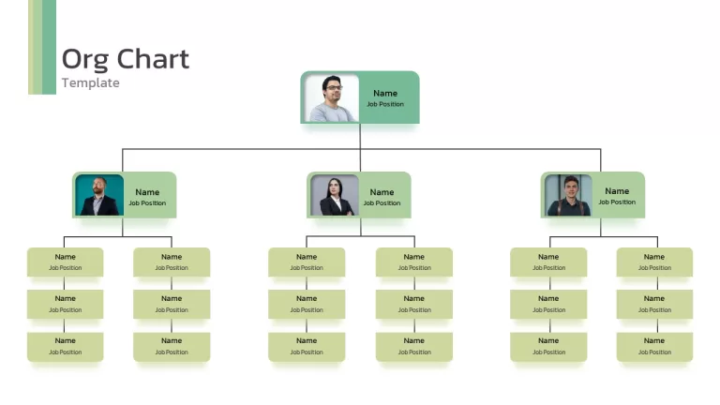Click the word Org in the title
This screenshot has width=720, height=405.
85,60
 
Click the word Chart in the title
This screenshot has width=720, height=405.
153,59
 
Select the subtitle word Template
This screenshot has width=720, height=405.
90,82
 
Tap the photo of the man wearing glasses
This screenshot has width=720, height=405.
332,98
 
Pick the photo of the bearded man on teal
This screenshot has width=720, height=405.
99,195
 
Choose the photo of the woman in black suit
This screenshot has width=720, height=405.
335,195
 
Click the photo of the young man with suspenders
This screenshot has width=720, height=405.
568,195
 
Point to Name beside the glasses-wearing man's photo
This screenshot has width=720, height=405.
385,93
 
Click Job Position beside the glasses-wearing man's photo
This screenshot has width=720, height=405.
385,104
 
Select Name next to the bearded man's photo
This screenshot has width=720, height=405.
147,192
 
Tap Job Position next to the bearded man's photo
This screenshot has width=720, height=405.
147,202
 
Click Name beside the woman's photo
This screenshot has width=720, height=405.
382,192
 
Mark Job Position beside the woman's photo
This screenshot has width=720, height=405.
382,202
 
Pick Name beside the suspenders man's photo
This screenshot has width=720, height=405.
617,191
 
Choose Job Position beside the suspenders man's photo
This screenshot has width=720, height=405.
617,202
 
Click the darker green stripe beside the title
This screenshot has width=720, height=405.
49,47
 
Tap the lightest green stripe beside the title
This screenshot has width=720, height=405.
31,47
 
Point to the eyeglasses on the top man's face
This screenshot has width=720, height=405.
334,87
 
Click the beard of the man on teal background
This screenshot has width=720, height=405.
98,188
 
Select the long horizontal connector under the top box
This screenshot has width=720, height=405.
361,149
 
